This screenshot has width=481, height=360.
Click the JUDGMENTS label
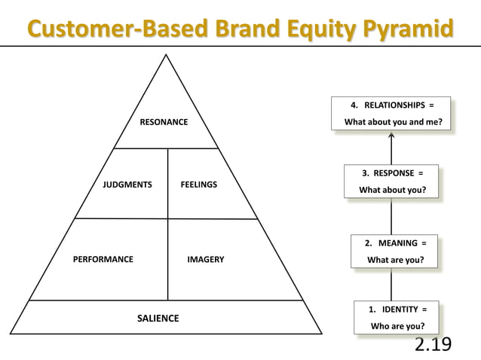[127, 185]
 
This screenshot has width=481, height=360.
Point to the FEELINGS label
[199, 185]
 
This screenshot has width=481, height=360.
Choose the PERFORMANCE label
[103, 259]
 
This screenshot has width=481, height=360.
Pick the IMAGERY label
[205, 259]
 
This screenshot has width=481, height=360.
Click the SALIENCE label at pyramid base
[158, 319]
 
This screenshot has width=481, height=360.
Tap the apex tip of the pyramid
[167, 56]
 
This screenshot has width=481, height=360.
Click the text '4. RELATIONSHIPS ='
[391, 105]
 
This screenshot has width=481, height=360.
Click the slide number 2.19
[433, 345]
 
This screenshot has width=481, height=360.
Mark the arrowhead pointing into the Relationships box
[391, 136]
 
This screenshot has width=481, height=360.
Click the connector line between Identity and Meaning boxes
[391, 285]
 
